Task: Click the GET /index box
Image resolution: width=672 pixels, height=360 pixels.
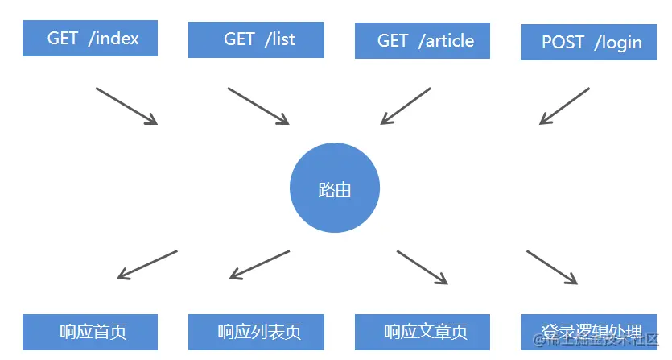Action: click(90, 38)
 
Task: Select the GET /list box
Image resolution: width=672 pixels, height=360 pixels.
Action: click(256, 39)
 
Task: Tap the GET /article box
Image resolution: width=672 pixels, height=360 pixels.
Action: click(423, 40)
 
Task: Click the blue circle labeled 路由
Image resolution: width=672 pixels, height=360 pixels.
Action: click(334, 189)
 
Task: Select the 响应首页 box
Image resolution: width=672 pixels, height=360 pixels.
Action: click(90, 332)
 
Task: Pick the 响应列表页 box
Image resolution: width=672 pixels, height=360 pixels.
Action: click(256, 332)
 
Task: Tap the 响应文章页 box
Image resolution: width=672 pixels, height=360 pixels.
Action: click(423, 332)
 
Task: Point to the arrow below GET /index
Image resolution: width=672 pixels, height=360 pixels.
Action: click(126, 106)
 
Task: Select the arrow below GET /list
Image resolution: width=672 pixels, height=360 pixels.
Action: click(258, 106)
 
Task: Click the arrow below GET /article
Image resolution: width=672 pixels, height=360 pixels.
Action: click(406, 106)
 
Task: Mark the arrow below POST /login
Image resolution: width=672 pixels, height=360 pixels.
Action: click(564, 106)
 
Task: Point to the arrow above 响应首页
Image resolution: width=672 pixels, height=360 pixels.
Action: click(147, 265)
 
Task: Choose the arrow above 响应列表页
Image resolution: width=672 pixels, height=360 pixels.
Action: click(259, 265)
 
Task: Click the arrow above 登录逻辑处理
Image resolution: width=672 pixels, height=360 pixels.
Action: click(552, 267)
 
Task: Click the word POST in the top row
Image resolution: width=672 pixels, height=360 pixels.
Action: click(563, 42)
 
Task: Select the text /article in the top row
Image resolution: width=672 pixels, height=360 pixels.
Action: click(446, 40)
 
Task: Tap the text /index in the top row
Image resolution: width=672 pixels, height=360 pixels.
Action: click(113, 38)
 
